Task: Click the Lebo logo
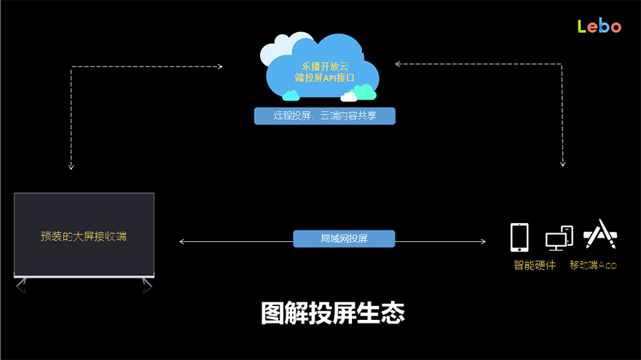click(x=599, y=26)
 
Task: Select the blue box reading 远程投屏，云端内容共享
click(x=324, y=116)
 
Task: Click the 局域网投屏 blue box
click(x=344, y=238)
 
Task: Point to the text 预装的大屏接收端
click(x=84, y=236)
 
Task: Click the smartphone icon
click(x=519, y=237)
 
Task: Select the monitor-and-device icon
click(x=559, y=238)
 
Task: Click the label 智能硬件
click(x=534, y=265)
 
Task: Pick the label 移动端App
click(x=593, y=265)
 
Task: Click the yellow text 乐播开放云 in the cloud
click(x=320, y=67)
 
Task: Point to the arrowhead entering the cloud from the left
click(x=220, y=67)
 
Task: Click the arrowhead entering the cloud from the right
click(x=398, y=63)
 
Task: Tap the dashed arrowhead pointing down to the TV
click(x=71, y=166)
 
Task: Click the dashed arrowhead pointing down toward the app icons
click(x=563, y=164)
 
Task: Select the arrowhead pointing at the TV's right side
click(x=181, y=241)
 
